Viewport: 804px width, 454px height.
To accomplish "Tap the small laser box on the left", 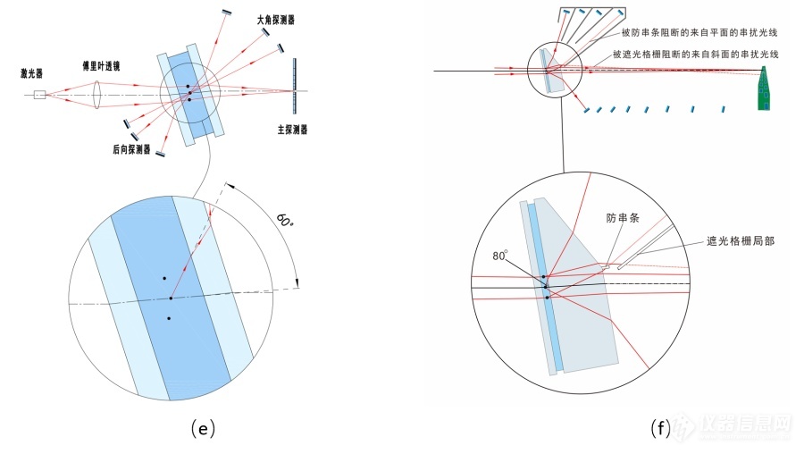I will pos(38,94).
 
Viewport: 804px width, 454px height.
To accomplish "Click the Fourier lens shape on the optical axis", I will pos(98,92).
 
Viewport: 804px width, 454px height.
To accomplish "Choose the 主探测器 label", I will pos(292,130).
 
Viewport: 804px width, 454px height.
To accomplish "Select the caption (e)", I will pos(203,429).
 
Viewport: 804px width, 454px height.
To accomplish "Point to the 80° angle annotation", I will pos(500,256).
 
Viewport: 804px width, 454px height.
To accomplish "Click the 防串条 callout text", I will pos(623,218).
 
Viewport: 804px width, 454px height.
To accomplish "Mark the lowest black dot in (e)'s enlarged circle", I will pos(168,318).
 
